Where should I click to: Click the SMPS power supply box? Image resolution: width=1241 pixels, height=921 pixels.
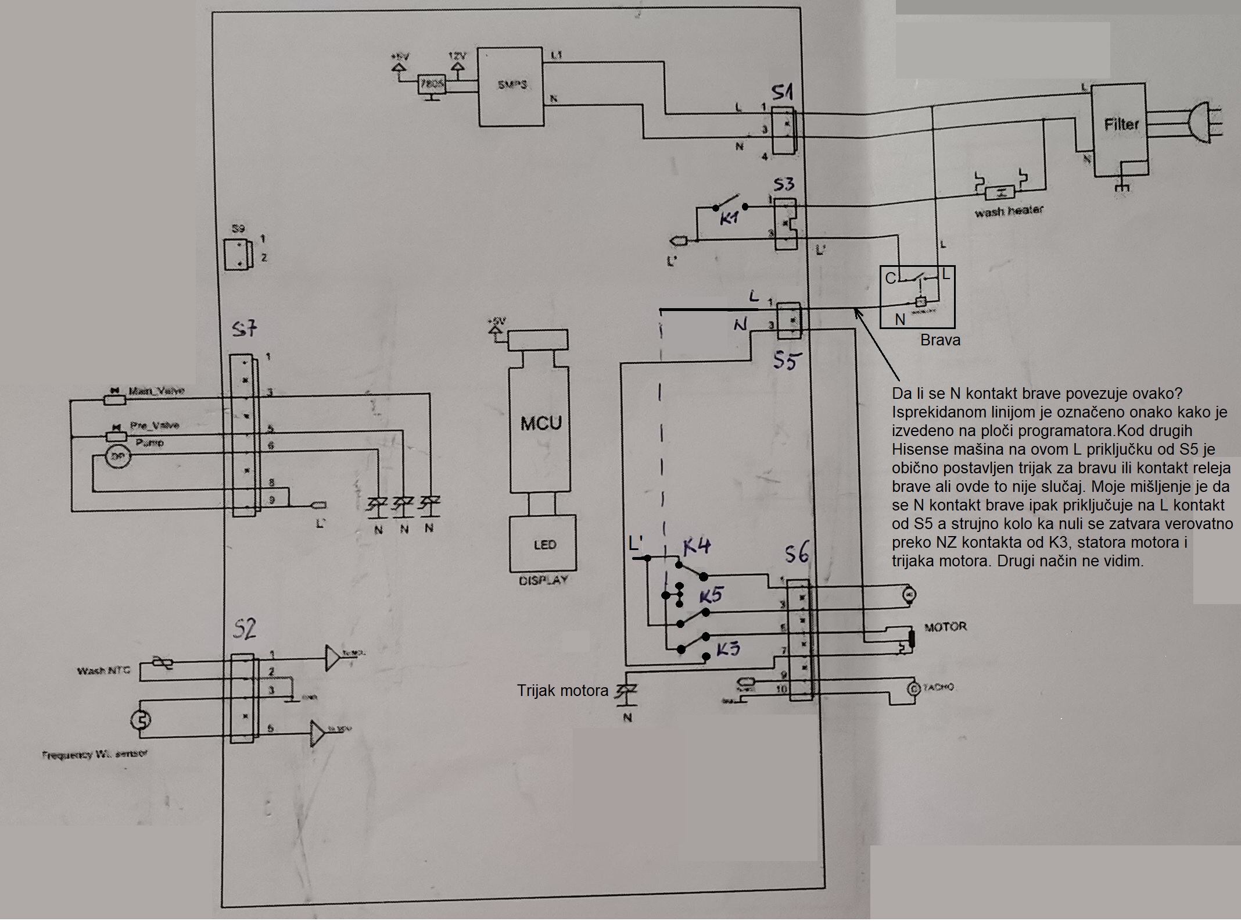click(512, 86)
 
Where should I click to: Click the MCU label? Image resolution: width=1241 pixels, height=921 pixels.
click(541, 423)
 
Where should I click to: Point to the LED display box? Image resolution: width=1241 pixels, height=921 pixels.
click(544, 544)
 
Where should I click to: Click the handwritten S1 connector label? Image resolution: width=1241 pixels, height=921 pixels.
click(782, 94)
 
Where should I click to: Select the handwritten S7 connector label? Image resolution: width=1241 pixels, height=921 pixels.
click(244, 330)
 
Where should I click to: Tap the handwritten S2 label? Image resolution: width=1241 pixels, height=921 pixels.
click(243, 629)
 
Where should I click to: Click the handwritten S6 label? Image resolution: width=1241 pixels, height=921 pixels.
click(795, 555)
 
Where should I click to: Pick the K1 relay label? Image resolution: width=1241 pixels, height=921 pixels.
click(729, 219)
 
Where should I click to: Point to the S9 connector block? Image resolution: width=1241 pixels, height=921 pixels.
click(239, 254)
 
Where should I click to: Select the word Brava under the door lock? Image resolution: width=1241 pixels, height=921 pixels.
click(939, 341)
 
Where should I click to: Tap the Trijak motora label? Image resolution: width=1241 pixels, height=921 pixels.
click(562, 691)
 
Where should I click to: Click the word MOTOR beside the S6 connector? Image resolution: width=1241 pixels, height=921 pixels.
click(945, 627)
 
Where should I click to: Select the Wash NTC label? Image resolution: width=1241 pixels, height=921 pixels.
click(103, 670)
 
